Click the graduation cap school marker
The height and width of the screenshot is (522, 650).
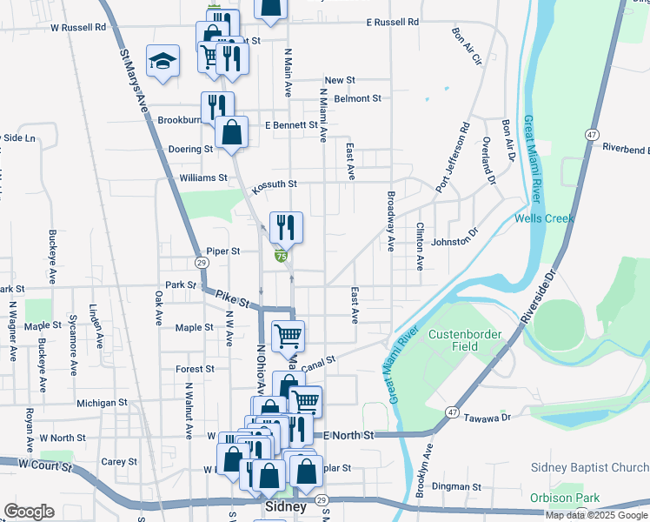point(162,61)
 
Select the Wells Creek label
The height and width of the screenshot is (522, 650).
point(544,218)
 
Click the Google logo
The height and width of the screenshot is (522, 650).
point(29,512)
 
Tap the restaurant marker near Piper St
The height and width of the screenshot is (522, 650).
point(286,229)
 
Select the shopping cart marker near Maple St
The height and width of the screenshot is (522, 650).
point(288,335)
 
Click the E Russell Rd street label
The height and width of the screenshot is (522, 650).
point(392,21)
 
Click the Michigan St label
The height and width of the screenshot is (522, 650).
point(102,404)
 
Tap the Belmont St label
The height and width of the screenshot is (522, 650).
point(358,99)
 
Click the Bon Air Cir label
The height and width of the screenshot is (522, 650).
point(466,47)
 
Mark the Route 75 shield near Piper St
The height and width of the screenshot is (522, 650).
point(281,256)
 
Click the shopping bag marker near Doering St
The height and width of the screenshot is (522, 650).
point(232,133)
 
